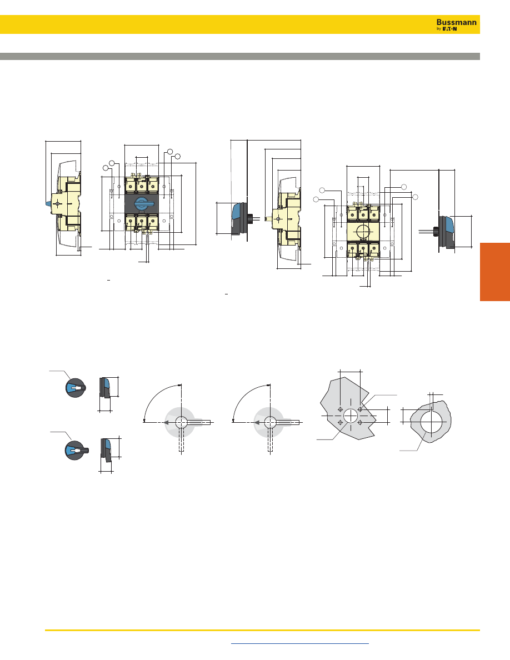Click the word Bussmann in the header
click(x=456, y=22)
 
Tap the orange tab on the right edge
click(x=495, y=272)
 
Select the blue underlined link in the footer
click(x=300, y=643)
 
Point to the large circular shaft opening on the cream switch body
click(x=363, y=231)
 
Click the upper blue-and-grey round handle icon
click(x=76, y=388)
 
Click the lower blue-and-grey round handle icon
click(x=76, y=451)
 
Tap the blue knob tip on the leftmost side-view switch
click(x=48, y=204)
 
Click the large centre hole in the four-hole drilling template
click(x=351, y=416)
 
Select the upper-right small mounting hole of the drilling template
click(x=360, y=409)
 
